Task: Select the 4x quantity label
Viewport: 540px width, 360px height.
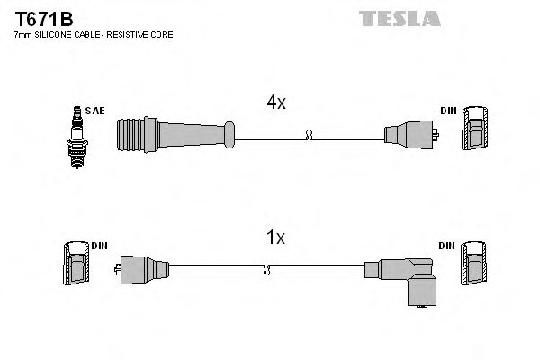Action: coord(274,103)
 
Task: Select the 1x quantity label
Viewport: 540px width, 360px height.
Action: coord(275,238)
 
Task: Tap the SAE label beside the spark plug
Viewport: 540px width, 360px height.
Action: coord(95,111)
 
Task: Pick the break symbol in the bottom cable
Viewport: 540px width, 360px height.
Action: coord(270,269)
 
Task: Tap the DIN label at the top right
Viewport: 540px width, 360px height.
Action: coord(448,111)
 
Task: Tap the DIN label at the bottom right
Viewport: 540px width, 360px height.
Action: coord(448,245)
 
